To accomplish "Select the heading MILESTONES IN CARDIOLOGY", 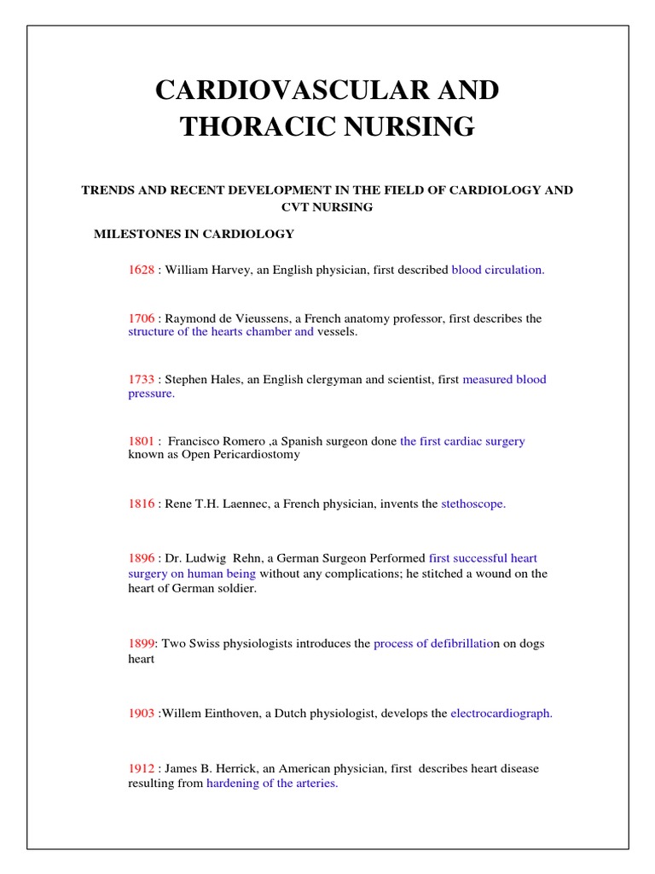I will pos(194,234).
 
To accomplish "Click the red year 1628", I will pos(142,270).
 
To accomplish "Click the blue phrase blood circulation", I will pos(497,270).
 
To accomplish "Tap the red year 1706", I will pos(142,318).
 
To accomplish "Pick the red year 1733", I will pos(142,380).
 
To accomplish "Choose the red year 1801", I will pos(142,441).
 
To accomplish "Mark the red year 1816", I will pos(142,504).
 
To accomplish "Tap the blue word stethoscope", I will pos(473,504).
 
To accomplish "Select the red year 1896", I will pos(142,558).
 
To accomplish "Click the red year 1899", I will pos(141,644).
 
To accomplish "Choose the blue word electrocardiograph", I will pos(501,714).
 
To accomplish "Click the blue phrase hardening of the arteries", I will pos(272,784).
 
